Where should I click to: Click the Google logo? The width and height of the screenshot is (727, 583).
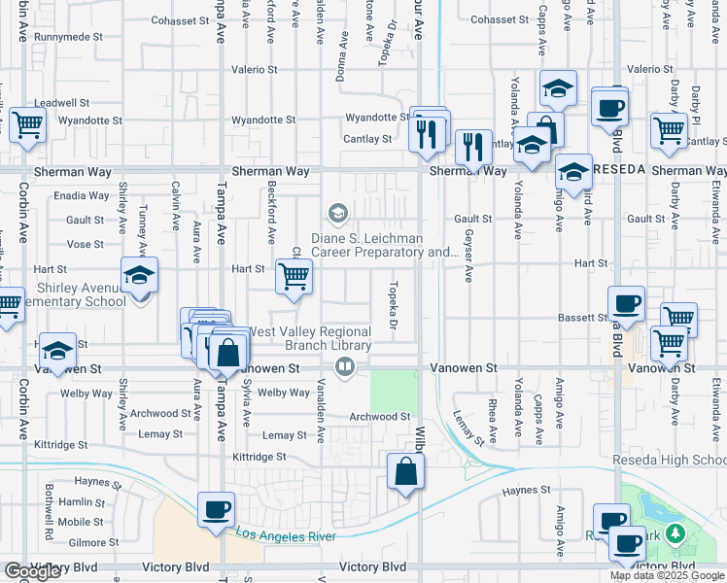click(32, 571)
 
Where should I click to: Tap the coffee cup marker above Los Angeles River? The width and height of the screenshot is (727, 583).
click(216, 509)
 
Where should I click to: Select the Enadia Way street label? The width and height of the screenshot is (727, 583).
click(82, 195)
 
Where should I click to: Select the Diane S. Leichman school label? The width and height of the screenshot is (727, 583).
click(385, 245)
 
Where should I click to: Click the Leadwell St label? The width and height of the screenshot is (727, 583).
click(61, 102)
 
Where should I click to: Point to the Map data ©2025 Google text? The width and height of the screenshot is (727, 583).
click(667, 575)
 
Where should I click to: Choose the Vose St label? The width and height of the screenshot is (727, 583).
click(86, 244)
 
